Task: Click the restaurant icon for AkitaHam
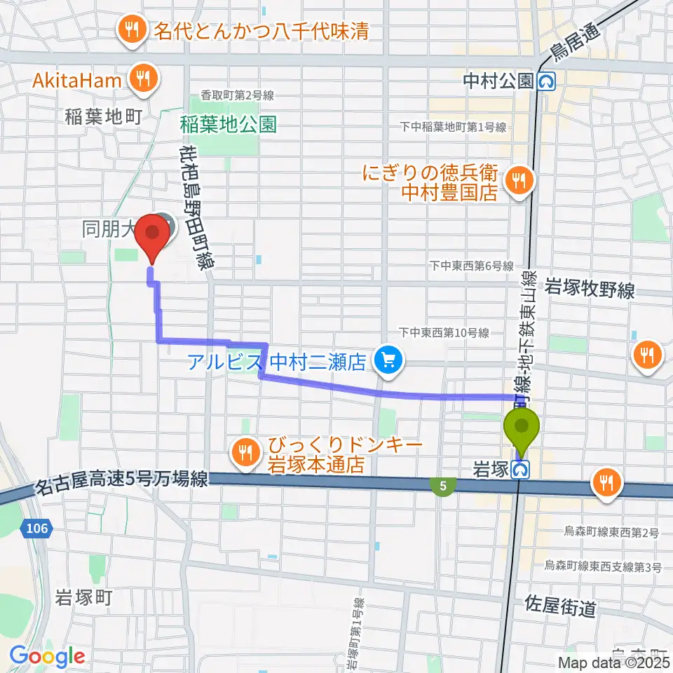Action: tap(144, 80)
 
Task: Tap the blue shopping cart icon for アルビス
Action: tap(385, 362)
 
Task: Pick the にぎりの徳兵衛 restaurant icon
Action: tap(519, 181)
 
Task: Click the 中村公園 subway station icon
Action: tap(546, 81)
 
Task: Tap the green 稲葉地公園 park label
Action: tap(228, 125)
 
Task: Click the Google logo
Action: tap(47, 656)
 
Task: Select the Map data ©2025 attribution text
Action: tap(613, 662)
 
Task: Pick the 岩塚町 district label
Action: tap(83, 598)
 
